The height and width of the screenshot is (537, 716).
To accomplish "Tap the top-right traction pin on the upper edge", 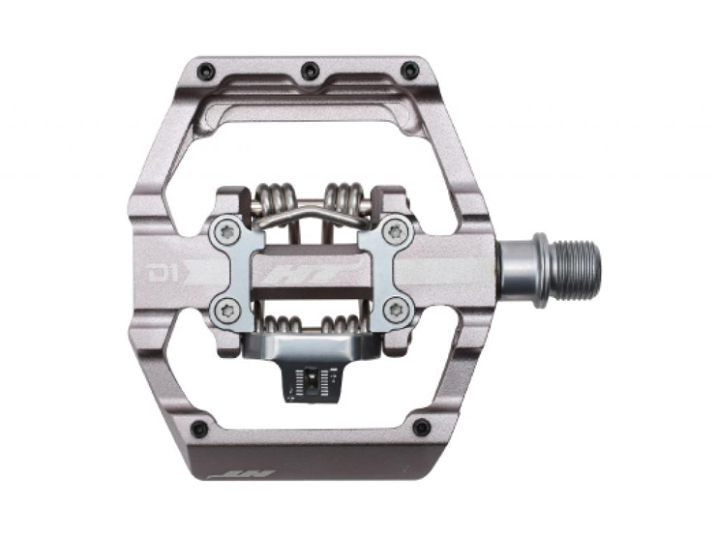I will coord(412,70).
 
